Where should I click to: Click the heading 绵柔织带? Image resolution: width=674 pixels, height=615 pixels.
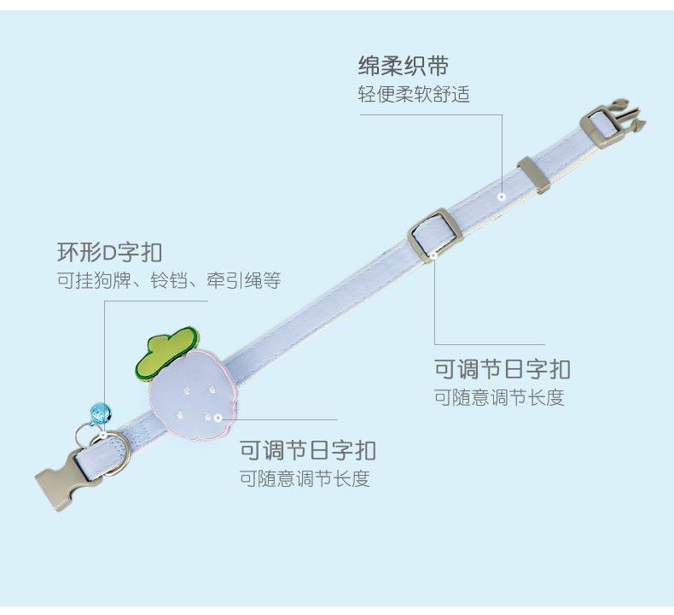click(403, 67)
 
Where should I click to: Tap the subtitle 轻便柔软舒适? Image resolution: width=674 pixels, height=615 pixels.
click(413, 94)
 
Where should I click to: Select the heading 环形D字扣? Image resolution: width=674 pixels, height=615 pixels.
click(109, 253)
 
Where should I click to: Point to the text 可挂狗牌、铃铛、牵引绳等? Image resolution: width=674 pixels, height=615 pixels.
click(168, 281)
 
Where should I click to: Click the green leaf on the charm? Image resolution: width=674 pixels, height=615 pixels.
click(165, 353)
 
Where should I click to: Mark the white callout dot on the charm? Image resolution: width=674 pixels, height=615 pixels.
click(218, 418)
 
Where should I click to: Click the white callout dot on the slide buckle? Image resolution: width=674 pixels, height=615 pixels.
click(434, 254)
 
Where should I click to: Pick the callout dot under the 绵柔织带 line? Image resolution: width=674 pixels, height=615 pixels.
click(503, 196)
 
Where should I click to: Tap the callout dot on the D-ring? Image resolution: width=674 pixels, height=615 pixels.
click(104, 435)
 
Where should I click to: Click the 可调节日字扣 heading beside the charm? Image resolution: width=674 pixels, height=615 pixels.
click(307, 450)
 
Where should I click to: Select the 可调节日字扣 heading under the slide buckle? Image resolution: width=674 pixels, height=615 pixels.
click(502, 370)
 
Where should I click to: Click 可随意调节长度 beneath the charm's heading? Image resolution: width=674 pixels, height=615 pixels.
click(305, 478)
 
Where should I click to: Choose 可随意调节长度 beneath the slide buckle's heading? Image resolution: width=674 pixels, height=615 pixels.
click(499, 398)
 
